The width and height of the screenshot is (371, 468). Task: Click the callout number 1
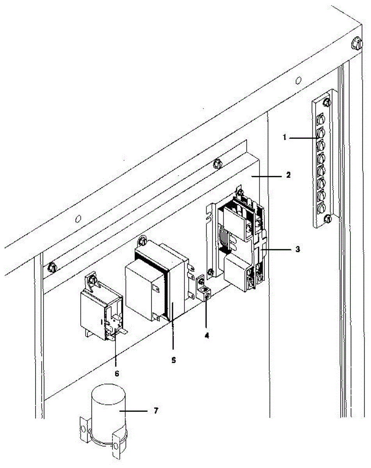285,137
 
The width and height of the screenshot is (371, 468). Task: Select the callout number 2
288,175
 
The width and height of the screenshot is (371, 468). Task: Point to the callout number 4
207,335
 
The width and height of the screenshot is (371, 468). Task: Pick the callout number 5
173,360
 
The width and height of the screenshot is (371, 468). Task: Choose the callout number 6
116,373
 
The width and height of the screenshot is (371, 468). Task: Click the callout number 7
155,411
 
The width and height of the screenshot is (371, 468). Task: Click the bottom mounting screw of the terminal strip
328,218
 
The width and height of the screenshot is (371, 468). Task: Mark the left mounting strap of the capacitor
83,429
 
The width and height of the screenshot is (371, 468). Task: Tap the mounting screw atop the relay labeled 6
93,279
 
